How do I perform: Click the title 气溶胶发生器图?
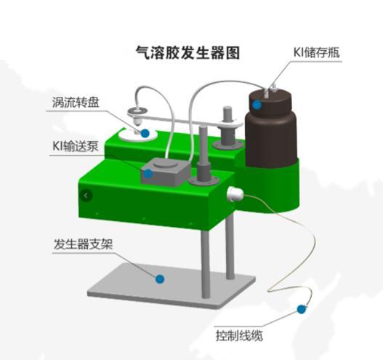pyautogui.click(x=188, y=52)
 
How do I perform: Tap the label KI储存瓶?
pyautogui.click(x=316, y=52)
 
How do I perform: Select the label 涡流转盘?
pyautogui.click(x=76, y=102)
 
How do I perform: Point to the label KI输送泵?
pyautogui.click(x=76, y=146)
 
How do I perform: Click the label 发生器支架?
pyautogui.click(x=83, y=244)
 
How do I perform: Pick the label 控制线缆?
pyautogui.click(x=239, y=335)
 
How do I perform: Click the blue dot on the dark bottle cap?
pyautogui.click(x=257, y=105)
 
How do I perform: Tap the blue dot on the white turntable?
pyautogui.click(x=145, y=133)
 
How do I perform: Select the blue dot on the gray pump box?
pyautogui.click(x=148, y=174)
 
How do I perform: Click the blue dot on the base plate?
pyautogui.click(x=160, y=279)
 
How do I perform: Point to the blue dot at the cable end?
pyautogui.click(x=302, y=309)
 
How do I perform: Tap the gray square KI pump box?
pyautogui.click(x=166, y=172)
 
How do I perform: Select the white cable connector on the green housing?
pyautogui.click(x=235, y=193)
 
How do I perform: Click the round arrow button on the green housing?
pyautogui.click(x=86, y=196)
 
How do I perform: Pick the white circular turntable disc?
pyautogui.click(x=137, y=134)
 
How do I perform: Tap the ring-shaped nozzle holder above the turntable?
pyautogui.click(x=137, y=112)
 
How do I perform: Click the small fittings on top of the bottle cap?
pyautogui.click(x=270, y=89)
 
